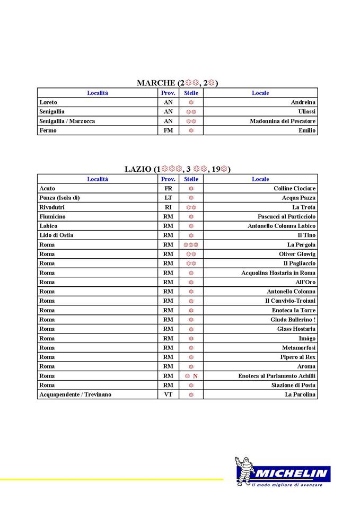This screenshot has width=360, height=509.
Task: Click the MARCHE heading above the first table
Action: (x=177, y=83)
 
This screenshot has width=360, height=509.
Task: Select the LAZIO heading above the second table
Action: (x=177, y=169)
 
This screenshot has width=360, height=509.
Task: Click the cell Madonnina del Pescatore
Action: (x=283, y=121)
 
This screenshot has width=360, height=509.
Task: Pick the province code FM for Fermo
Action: (x=168, y=130)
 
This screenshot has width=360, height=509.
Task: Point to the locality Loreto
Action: (x=48, y=102)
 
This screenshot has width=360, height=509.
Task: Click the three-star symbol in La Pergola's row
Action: (x=191, y=245)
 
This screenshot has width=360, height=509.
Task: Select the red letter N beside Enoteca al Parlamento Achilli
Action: (x=195, y=376)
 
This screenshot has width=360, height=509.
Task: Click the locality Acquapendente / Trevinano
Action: (x=75, y=394)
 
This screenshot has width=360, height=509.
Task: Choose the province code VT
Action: (x=168, y=394)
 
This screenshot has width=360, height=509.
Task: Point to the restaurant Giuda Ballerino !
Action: (x=293, y=320)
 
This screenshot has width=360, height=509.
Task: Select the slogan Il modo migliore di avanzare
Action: (x=286, y=485)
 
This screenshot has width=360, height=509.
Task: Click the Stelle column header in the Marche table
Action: (x=191, y=93)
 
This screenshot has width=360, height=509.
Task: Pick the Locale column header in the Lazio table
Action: (x=260, y=179)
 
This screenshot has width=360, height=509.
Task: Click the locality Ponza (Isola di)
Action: (x=59, y=198)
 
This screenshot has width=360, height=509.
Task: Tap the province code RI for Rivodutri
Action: (x=168, y=207)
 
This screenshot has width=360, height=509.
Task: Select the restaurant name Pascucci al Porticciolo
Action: (x=286, y=217)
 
